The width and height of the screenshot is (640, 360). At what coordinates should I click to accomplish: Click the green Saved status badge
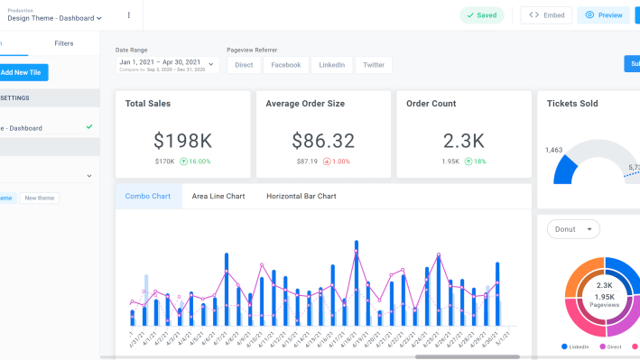482,15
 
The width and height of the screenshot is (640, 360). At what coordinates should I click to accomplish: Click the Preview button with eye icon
603,15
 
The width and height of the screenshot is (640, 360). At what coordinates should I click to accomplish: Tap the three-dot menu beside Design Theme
128,15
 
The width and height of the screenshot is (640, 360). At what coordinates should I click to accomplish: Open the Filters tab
64,43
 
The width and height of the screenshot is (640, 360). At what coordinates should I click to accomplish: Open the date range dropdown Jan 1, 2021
167,65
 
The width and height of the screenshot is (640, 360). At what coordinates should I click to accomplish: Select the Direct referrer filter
244,65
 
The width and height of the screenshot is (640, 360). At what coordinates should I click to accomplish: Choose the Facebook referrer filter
285,65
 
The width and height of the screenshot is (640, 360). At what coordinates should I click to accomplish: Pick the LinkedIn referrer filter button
331,65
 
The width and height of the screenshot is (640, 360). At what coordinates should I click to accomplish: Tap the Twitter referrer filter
374,65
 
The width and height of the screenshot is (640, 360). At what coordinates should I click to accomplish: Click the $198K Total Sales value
182,141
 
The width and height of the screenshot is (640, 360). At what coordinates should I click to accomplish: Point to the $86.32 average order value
323,141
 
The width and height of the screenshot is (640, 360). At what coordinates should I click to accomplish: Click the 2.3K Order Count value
463,141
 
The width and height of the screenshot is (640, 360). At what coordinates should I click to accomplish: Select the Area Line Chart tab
218,196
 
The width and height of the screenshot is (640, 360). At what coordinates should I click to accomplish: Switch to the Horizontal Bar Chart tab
301,196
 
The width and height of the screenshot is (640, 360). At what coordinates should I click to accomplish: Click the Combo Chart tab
148,196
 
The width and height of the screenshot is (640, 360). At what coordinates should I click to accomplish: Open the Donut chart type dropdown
573,229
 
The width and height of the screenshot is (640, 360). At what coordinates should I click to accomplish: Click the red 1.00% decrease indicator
337,162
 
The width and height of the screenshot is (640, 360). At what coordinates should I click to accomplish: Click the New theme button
39,198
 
